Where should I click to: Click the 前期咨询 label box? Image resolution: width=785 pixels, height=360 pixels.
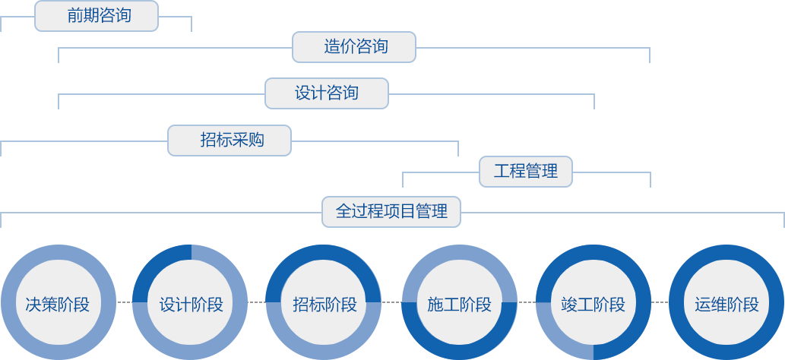97,16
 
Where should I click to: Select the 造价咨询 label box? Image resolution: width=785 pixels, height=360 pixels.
354,47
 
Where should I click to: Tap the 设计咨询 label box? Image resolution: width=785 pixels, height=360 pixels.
326,93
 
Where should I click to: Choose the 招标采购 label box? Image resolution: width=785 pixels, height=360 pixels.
229,141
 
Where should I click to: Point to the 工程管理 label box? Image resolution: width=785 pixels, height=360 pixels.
526,171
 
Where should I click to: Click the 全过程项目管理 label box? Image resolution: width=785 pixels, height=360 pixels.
391,211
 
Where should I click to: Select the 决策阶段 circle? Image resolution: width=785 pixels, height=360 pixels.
58,305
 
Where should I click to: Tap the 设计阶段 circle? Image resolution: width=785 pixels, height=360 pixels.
192,305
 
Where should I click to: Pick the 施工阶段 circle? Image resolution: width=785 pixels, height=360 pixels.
459,305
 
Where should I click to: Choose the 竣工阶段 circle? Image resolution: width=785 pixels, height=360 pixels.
593,305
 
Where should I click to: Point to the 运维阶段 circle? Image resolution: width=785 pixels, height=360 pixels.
726,305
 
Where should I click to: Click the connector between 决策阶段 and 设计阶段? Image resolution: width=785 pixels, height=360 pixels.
125,302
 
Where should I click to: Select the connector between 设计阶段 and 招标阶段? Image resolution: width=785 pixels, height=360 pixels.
258,302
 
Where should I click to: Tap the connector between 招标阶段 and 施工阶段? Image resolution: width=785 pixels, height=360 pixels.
392,302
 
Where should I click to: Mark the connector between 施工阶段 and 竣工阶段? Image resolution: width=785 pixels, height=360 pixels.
526,302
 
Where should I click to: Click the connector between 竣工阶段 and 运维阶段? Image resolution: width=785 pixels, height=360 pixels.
660,302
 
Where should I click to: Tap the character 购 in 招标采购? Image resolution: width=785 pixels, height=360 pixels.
256,141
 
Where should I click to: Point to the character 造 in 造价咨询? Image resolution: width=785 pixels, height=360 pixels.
331,47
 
